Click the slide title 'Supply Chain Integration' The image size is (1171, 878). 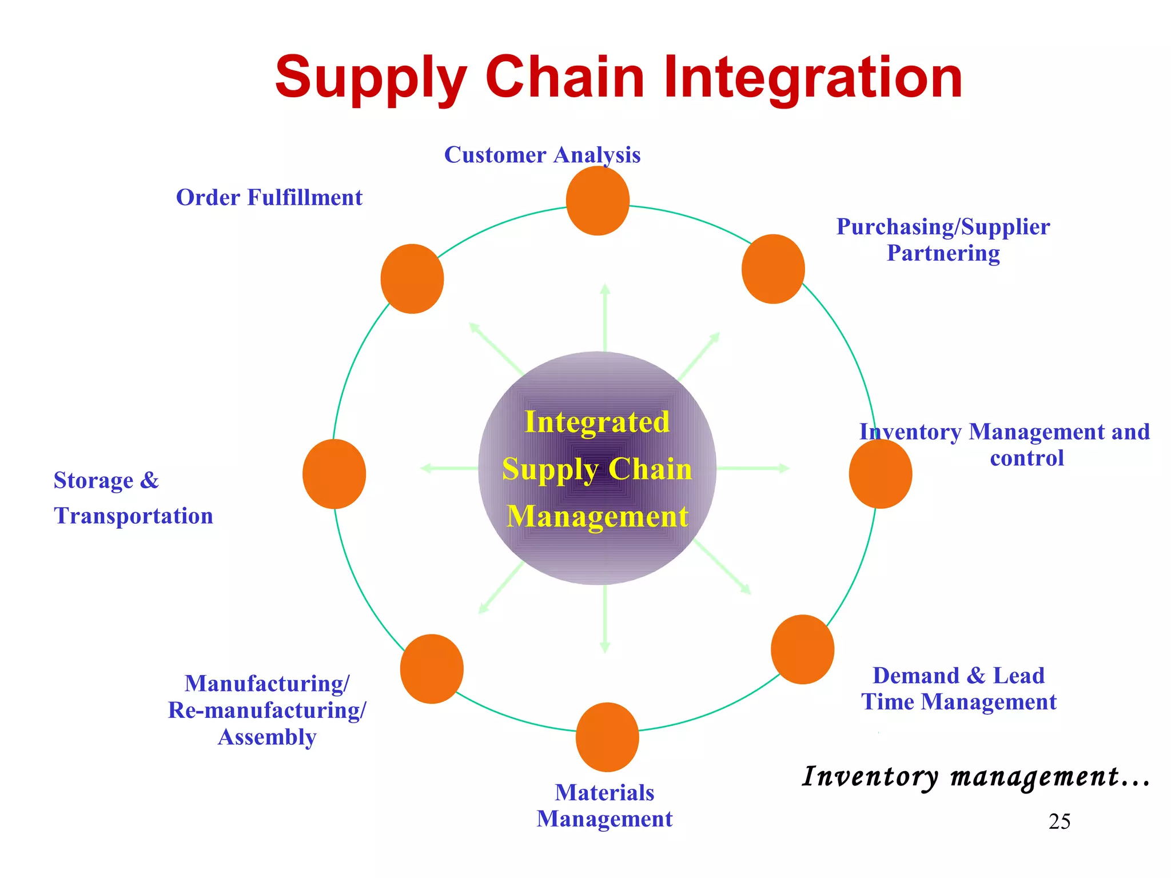point(619,77)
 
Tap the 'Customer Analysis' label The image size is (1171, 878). point(542,155)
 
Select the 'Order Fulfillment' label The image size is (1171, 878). point(269,198)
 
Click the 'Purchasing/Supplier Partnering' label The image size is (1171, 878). point(943,240)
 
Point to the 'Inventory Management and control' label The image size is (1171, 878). point(1005,445)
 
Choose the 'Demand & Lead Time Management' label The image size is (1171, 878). point(959,689)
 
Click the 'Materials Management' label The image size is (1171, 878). point(604,805)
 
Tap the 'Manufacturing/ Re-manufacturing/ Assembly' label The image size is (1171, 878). point(267,710)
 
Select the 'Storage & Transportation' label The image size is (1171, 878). point(133,498)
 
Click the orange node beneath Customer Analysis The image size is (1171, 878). point(598,201)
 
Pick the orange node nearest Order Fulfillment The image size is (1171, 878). point(412,279)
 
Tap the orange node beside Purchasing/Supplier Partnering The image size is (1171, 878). point(773,269)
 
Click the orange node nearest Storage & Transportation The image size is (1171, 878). point(334,474)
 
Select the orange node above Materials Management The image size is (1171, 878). point(607,737)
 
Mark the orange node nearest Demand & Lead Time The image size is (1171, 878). point(802,649)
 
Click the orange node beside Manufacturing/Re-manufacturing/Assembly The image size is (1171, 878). point(432,669)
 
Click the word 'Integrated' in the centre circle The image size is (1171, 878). point(597,422)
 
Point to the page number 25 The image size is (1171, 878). point(1060,821)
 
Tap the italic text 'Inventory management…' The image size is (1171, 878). point(975,777)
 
